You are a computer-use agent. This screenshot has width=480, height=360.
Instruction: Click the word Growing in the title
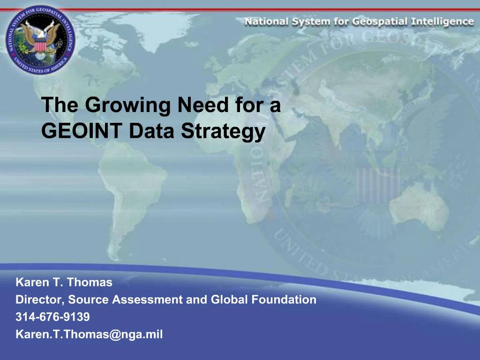(127, 105)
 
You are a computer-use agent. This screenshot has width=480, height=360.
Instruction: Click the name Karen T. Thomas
(64, 283)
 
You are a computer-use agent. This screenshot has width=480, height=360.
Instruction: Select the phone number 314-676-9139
(52, 317)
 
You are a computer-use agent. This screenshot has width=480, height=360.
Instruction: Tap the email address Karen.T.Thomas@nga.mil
(89, 335)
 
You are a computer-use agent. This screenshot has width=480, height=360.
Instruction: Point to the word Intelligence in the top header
(443, 22)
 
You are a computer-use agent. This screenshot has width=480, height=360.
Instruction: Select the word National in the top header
(266, 22)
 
